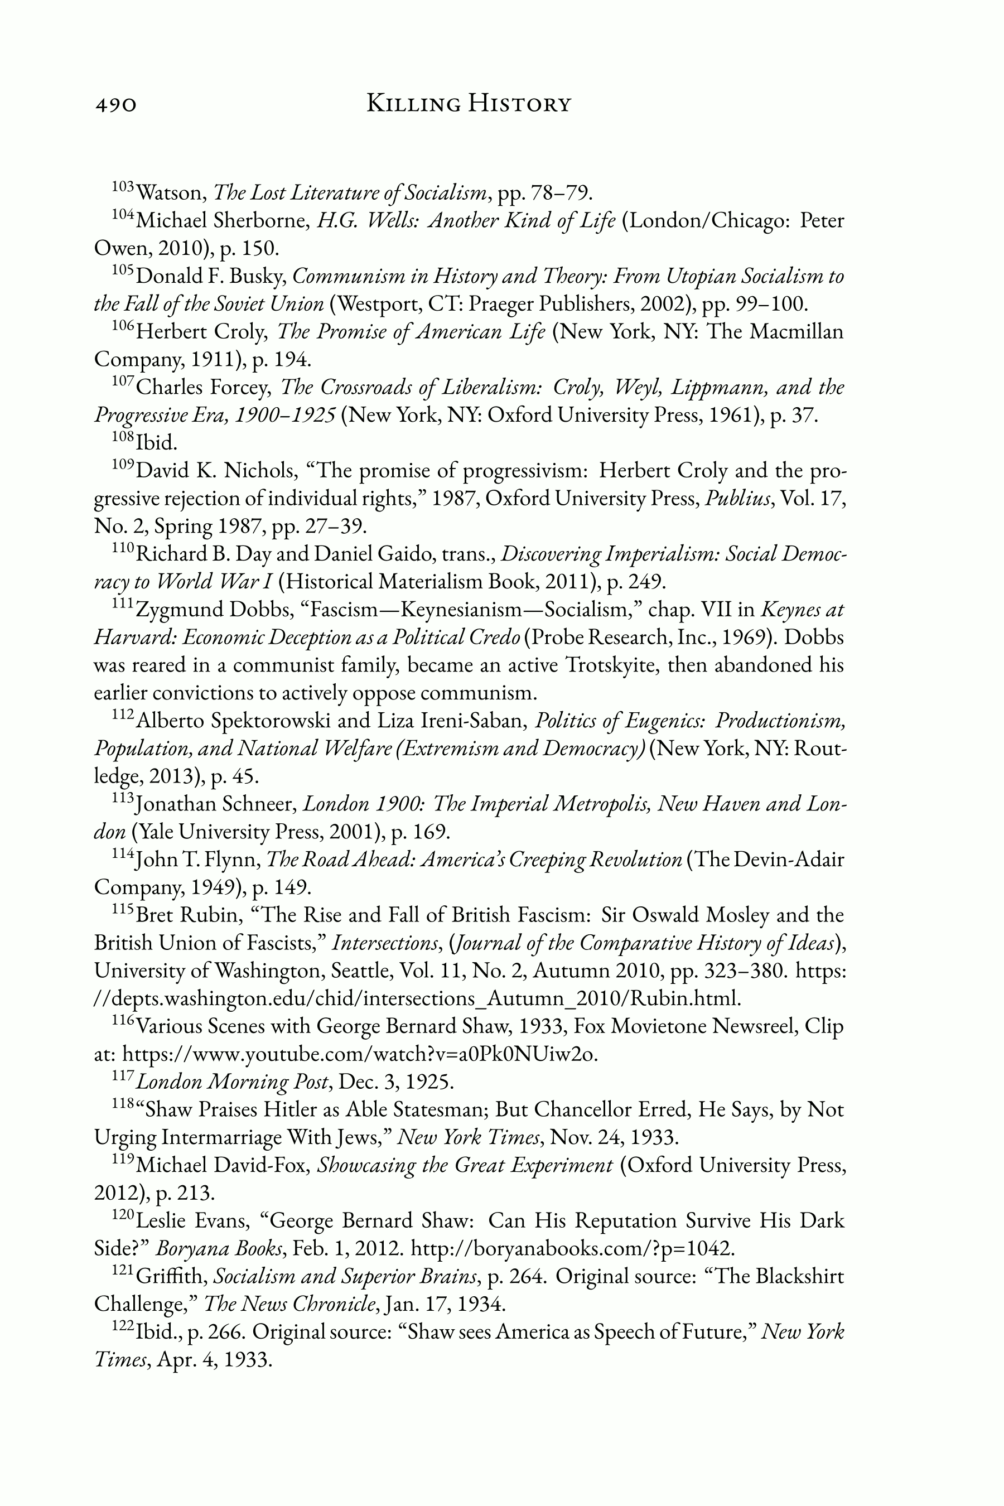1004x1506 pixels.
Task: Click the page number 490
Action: point(116,104)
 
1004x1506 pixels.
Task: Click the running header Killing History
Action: point(468,103)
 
